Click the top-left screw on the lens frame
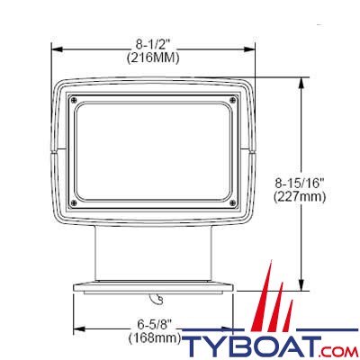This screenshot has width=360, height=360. pyautogui.click(x=75, y=99)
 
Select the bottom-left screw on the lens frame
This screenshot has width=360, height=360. pyautogui.click(x=75, y=202)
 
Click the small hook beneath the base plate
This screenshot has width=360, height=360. pyautogui.click(x=158, y=298)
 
